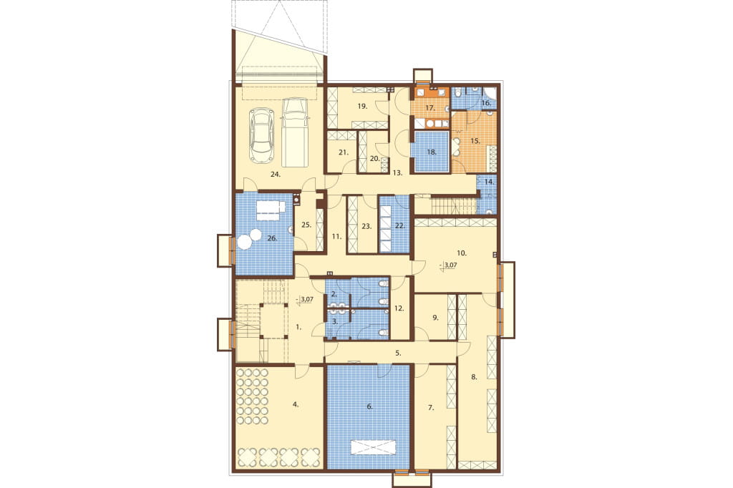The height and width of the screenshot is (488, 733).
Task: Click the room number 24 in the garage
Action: coord(275,175)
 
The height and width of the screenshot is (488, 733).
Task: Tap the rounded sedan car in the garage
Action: coord(262,136)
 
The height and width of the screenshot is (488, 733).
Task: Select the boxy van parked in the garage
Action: coord(295,132)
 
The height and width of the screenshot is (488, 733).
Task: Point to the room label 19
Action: coord(362,106)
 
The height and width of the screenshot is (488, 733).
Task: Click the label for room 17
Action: coord(430,108)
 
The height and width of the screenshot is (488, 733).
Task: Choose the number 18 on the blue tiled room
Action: coord(432,152)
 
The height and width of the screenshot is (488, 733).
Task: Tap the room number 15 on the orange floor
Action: coord(475,140)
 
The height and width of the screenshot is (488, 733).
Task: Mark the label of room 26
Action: coord(272,238)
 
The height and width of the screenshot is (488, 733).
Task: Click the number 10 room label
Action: coord(462,253)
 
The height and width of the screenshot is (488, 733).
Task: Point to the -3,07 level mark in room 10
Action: coord(448,265)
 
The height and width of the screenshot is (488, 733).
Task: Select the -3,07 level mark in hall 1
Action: coord(304,299)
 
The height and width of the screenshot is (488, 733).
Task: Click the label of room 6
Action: coord(370,406)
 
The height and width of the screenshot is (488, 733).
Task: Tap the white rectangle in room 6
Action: coord(374,447)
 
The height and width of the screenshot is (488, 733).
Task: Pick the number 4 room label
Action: coord(296,404)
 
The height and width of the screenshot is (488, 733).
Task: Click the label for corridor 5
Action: coord(398,353)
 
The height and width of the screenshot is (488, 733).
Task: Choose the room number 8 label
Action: coord(474,378)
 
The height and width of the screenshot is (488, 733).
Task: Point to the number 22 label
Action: coord(399,226)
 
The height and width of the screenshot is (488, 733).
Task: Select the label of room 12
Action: coord(399,308)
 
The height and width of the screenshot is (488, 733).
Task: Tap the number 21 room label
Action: coord(344,152)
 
